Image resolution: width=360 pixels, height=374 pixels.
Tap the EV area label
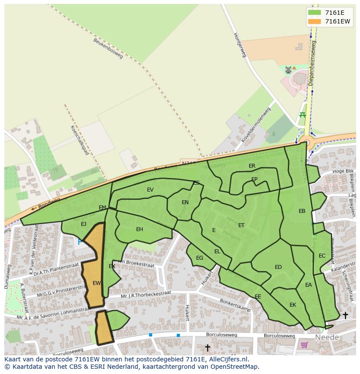pos(150,190)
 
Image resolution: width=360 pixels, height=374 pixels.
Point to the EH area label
pos(140,229)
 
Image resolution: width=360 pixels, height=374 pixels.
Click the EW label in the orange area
pos(97,283)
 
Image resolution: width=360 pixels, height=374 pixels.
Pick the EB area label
pos(302,211)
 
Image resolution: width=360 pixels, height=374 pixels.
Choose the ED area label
pos(278,267)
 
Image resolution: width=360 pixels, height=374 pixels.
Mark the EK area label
pos(293,305)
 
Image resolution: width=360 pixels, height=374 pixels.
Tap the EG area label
pos(200,258)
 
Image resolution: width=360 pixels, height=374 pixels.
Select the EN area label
pos(185,202)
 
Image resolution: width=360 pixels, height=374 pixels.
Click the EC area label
pos(322,256)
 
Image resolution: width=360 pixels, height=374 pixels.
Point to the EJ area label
pos(83,224)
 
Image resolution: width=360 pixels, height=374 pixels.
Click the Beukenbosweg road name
pos(108,48)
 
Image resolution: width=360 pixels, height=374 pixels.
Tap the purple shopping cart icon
pos(304,345)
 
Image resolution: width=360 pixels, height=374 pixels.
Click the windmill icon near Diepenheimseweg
pos(288,70)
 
